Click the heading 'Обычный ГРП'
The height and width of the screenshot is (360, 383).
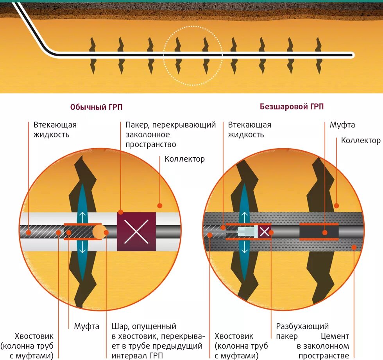coord(93,107)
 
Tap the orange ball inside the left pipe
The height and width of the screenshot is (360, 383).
coord(99,232)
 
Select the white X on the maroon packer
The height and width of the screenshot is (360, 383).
coord(136,232)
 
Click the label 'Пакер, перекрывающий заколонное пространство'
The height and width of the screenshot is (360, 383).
coord(170,135)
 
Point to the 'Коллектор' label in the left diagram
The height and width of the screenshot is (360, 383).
coord(184,159)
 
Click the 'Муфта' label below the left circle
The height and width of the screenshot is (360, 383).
coord(87,326)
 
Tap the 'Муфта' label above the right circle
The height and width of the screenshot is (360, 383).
coord(342,125)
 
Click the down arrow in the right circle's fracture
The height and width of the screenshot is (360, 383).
coord(245,247)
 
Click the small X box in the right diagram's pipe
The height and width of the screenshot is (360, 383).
coord(265,232)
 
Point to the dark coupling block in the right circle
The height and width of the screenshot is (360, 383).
coord(319,232)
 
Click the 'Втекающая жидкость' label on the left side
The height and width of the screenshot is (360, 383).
coord(55,130)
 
